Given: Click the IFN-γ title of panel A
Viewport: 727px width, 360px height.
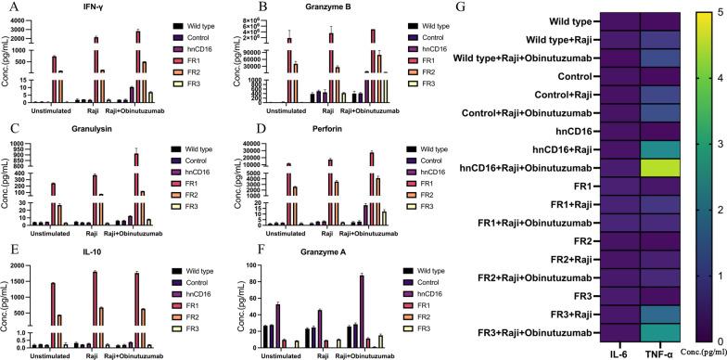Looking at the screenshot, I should (91, 8).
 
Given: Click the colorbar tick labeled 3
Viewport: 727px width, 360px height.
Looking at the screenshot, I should (708, 142).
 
